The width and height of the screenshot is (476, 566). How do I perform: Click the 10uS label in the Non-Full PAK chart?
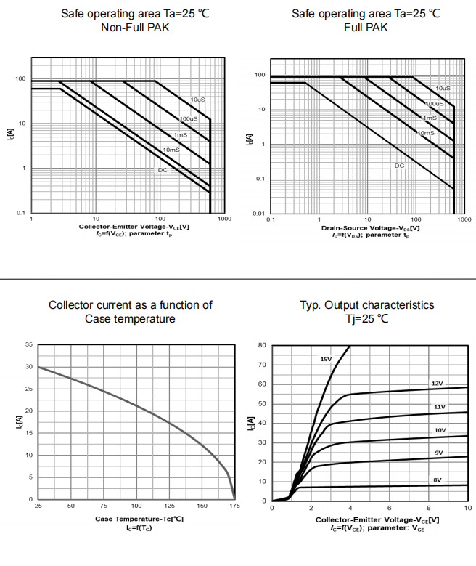(x=198, y=100)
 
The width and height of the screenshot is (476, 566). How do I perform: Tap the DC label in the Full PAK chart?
(x=399, y=166)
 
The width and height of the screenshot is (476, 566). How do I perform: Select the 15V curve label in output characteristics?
(x=326, y=359)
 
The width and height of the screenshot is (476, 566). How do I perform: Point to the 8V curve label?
(x=437, y=480)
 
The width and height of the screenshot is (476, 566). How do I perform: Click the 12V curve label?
(x=437, y=383)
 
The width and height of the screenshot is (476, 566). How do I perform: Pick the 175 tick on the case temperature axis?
(x=234, y=505)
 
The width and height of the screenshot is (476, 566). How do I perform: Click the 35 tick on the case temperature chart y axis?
(x=29, y=344)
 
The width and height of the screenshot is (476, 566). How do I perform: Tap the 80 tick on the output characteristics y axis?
(x=262, y=345)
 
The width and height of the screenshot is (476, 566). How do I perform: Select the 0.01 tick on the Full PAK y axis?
(x=259, y=214)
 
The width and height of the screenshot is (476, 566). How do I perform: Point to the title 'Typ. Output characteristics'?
(x=367, y=305)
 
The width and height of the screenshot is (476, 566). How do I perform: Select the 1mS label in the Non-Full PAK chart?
(x=181, y=135)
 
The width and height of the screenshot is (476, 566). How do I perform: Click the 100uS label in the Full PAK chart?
(x=434, y=104)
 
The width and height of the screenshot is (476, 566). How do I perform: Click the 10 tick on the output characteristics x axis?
(x=467, y=507)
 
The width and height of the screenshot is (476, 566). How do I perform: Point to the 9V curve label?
(x=439, y=453)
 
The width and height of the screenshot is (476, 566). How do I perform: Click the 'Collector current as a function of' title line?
(x=131, y=305)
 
